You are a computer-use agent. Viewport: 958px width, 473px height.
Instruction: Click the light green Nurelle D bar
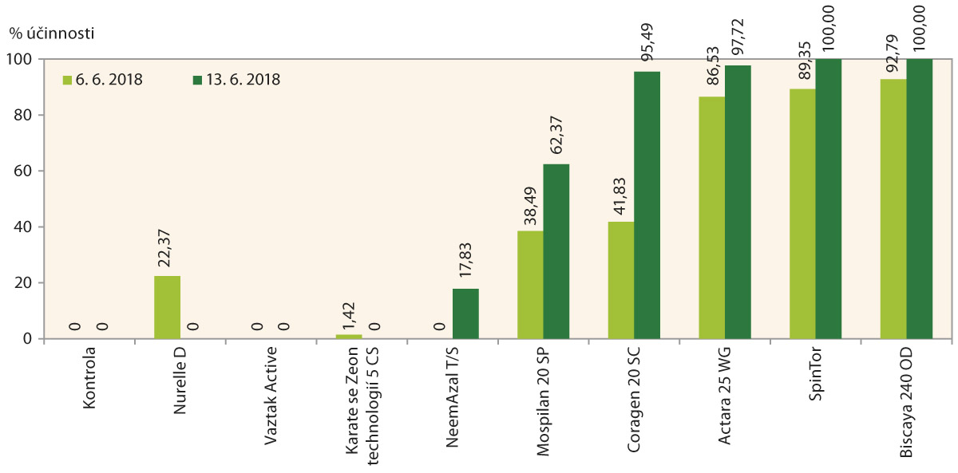point(167,307)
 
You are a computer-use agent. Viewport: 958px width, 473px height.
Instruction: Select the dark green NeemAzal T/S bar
point(465,313)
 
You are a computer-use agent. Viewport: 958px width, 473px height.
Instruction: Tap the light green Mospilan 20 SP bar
point(530,285)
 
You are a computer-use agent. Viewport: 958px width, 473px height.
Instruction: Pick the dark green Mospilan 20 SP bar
point(556,251)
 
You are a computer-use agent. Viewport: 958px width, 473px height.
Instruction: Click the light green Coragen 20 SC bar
point(620,280)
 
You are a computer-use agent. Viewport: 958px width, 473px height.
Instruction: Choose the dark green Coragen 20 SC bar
point(647,205)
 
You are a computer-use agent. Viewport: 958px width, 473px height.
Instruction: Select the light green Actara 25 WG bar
point(711,218)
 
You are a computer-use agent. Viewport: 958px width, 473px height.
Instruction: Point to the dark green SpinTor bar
point(828,199)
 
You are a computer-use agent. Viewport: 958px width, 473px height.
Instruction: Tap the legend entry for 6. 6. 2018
point(104,80)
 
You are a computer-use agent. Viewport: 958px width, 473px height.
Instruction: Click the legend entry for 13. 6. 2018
point(236,80)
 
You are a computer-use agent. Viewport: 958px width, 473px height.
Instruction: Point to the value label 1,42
point(349,314)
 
